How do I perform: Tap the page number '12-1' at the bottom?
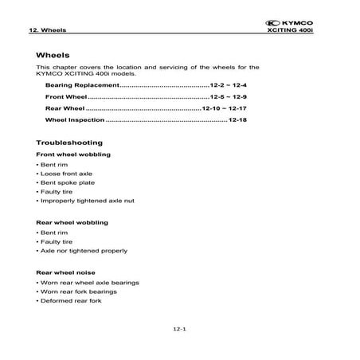coord(179,329)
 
